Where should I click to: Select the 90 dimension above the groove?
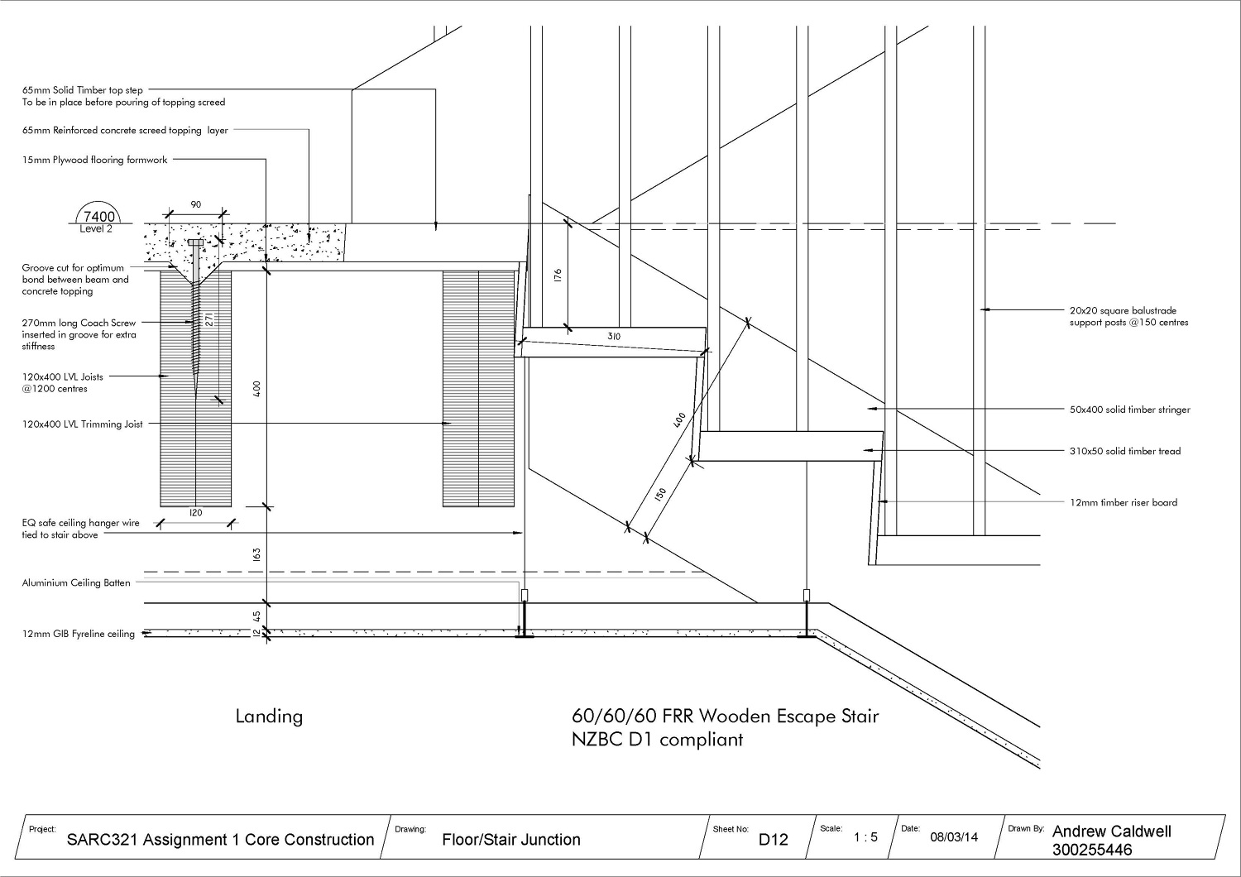(x=195, y=204)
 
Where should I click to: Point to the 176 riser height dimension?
(x=558, y=275)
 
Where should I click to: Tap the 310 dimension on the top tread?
(x=614, y=337)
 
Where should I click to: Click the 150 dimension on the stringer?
(x=660, y=494)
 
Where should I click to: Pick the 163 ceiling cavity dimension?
(x=256, y=554)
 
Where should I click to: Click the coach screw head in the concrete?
(x=194, y=242)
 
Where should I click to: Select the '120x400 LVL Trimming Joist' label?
(x=83, y=424)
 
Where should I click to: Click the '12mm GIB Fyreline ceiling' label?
(x=79, y=634)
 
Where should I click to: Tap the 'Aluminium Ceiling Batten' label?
(x=76, y=582)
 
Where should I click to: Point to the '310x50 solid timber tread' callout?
(x=1124, y=451)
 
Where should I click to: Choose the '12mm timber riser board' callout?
(x=1123, y=502)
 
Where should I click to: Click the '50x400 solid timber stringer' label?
(x=1129, y=410)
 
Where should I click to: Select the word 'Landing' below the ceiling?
(x=269, y=716)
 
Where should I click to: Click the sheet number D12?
(x=774, y=840)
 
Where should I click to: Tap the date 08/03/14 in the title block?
(x=954, y=837)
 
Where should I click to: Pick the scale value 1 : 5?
(x=865, y=837)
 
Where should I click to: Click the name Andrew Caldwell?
(x=1111, y=831)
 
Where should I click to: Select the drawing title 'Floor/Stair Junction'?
(x=511, y=840)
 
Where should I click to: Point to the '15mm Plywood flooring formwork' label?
(x=95, y=160)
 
